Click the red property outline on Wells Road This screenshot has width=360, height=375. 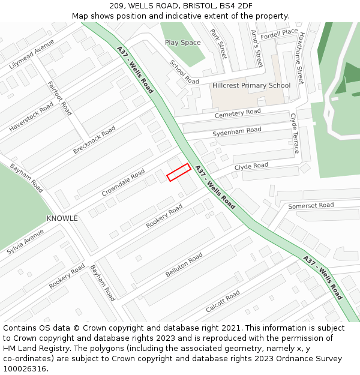(x=179, y=172)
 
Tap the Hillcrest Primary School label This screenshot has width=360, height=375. (x=251, y=86)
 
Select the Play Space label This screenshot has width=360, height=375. (x=183, y=43)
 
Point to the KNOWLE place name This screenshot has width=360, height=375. (x=62, y=218)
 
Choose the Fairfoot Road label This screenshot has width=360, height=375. (x=59, y=98)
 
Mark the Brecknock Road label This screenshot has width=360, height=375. (x=94, y=140)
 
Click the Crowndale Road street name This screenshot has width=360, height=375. (x=123, y=182)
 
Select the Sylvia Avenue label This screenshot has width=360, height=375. (x=25, y=241)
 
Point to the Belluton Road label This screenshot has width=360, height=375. (x=184, y=266)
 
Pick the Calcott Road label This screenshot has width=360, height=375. (x=223, y=301)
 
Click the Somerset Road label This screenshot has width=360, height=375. (x=311, y=206)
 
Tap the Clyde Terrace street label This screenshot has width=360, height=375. (x=295, y=133)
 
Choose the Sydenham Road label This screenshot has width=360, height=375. (x=237, y=131)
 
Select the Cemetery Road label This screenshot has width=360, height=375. (x=238, y=112)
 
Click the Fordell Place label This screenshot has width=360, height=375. (x=279, y=32)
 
